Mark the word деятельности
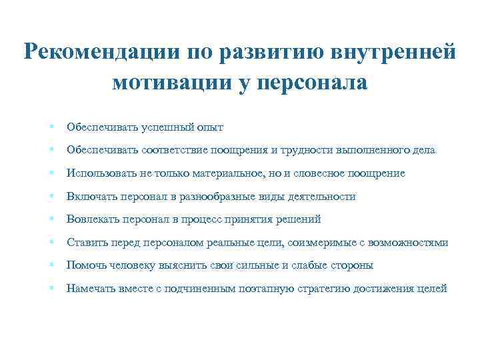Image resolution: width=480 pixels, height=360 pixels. [318, 197]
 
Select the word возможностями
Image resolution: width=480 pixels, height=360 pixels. [409, 243]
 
